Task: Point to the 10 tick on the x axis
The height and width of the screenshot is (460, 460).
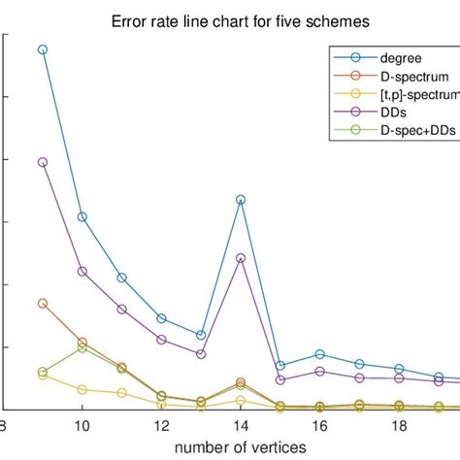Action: [82, 425]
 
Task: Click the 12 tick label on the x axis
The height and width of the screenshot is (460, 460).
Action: [161, 425]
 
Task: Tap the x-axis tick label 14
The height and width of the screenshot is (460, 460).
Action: [241, 425]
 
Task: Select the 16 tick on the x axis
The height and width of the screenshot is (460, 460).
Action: [319, 425]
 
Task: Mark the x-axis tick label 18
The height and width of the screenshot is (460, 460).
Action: [399, 425]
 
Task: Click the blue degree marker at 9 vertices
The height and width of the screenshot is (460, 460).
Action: [43, 49]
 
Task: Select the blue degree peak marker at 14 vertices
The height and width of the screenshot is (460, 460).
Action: [241, 200]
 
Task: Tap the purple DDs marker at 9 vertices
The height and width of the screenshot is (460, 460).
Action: [43, 162]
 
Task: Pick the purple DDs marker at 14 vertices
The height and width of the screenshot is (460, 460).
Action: [241, 258]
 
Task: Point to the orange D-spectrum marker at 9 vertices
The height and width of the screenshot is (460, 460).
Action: [43, 304]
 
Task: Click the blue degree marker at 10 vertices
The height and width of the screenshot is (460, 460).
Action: [82, 216]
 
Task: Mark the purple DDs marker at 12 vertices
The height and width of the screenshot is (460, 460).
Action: [161, 340]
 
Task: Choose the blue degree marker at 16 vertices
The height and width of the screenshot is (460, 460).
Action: [319, 355]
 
